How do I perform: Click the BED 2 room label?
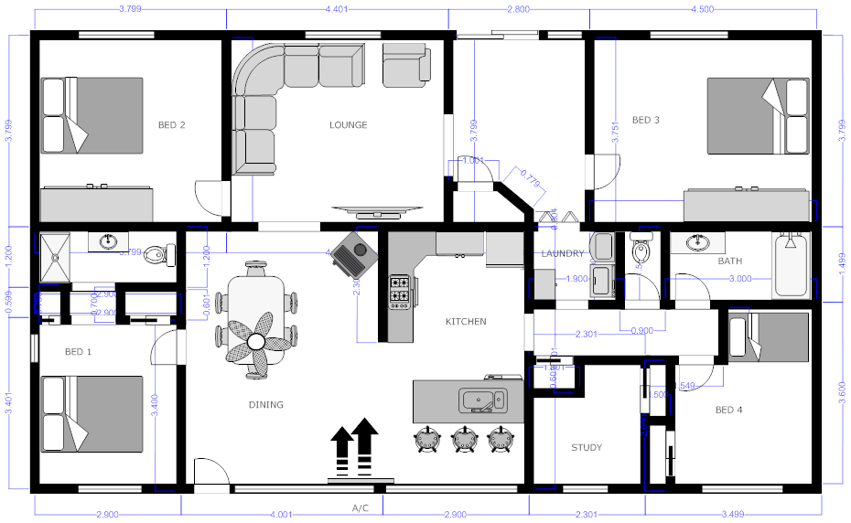(x=171, y=125)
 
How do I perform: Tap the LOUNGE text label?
(x=348, y=125)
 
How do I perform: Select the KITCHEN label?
(x=466, y=322)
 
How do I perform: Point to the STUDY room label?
(x=587, y=448)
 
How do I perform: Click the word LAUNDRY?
(x=562, y=253)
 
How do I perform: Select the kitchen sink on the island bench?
(x=482, y=400)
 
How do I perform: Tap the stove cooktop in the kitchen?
(x=401, y=290)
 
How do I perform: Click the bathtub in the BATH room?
(x=792, y=265)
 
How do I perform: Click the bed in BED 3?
(x=758, y=116)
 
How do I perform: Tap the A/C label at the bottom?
(x=361, y=507)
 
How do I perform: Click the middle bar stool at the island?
(x=463, y=439)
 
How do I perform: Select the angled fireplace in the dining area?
(x=353, y=252)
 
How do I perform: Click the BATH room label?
(x=729, y=261)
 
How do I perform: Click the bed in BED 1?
(x=92, y=414)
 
